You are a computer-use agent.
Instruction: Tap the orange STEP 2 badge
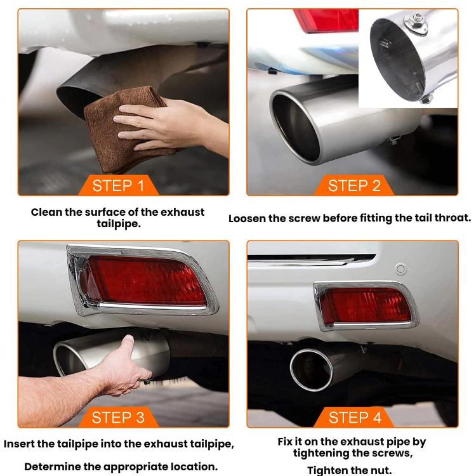click(354, 185)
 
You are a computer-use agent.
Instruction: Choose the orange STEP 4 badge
click(354, 417)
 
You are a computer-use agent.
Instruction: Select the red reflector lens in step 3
click(146, 279)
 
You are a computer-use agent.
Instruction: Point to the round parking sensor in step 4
click(400, 268)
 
